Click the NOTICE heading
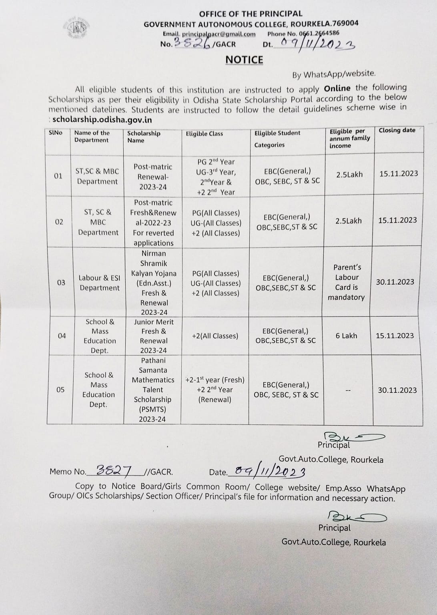244,60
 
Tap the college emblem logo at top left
77,28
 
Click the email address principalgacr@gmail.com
209,34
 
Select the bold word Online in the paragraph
337,88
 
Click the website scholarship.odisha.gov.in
102,120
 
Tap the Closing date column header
397,130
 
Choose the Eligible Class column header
204,134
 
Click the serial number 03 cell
61,283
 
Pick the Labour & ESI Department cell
99,283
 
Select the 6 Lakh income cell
346,336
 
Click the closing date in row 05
397,390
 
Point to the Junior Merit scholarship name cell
154,336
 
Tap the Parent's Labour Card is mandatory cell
347,282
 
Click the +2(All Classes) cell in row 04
215,336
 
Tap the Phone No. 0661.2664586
303,34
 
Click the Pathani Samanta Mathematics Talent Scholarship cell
153,390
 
